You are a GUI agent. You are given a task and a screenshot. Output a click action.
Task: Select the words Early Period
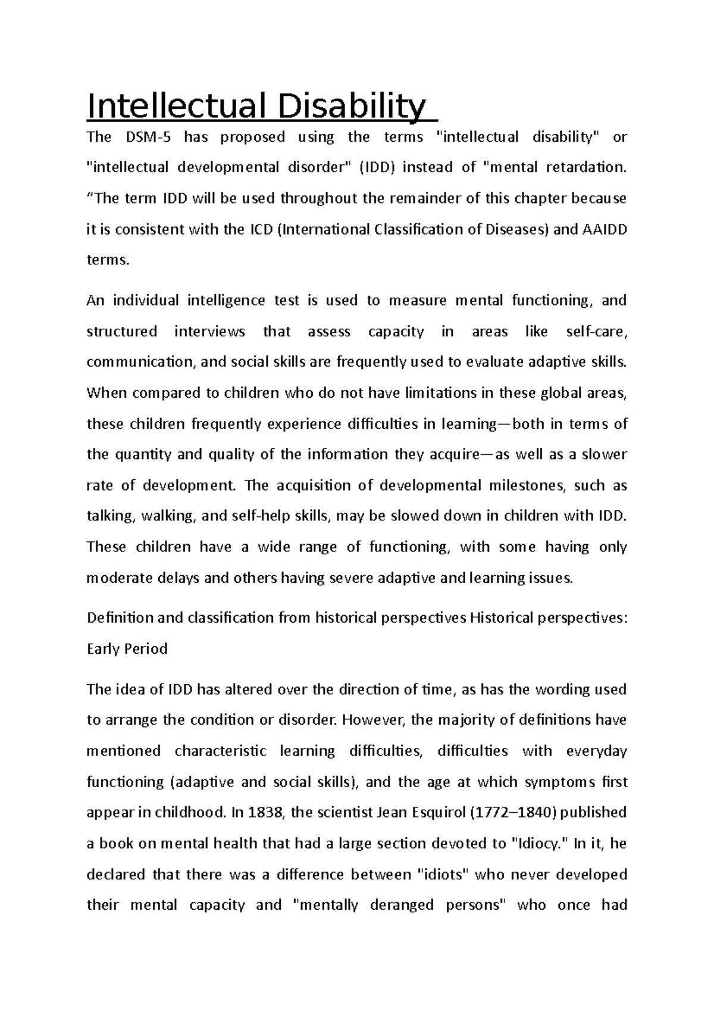[x=127, y=649]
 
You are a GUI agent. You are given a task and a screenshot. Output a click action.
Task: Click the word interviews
[x=209, y=332]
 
